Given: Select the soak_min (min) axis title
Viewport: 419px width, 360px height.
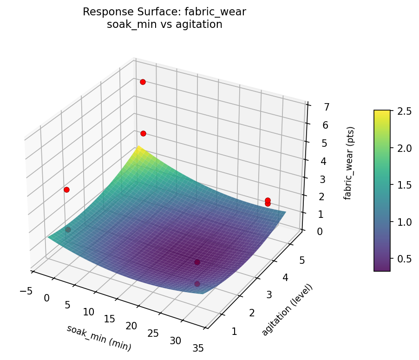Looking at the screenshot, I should coord(98,338).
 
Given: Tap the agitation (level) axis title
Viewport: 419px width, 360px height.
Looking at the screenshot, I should coord(287,309).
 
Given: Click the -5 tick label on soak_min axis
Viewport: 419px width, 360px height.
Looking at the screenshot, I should coord(26,291).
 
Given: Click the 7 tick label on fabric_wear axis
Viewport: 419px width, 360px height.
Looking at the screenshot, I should coord(314,107).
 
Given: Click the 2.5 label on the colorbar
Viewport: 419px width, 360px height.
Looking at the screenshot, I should coord(401,111).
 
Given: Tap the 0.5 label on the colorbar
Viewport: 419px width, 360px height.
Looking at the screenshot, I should coord(401,258).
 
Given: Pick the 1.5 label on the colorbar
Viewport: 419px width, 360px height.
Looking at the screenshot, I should coord(401,185).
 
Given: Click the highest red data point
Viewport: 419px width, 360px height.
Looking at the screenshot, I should coord(143,82).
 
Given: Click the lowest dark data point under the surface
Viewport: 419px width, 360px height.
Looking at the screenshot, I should coord(197,284).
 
